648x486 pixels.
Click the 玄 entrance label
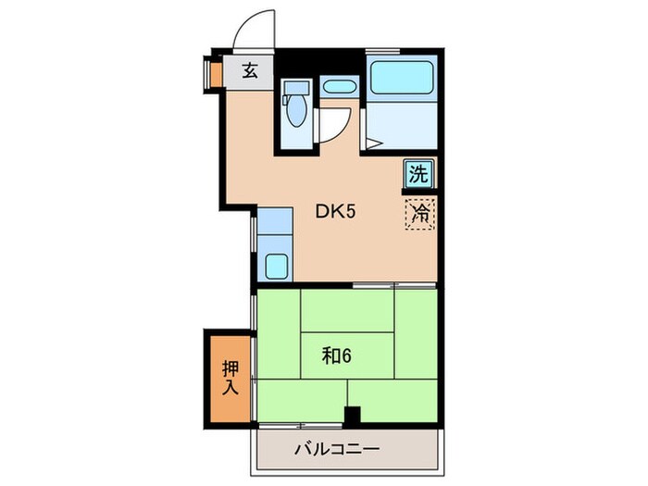(x=250, y=71)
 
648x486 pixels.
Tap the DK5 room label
(x=336, y=211)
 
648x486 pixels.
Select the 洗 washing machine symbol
(x=418, y=173)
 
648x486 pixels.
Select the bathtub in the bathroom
(x=402, y=79)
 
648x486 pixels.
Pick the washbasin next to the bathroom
(x=340, y=88)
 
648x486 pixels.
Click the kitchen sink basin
(x=275, y=265)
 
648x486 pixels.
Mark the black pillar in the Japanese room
(x=352, y=417)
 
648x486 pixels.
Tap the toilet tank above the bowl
(x=296, y=91)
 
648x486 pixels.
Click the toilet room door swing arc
(x=335, y=123)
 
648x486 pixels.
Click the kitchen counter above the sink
(x=274, y=222)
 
